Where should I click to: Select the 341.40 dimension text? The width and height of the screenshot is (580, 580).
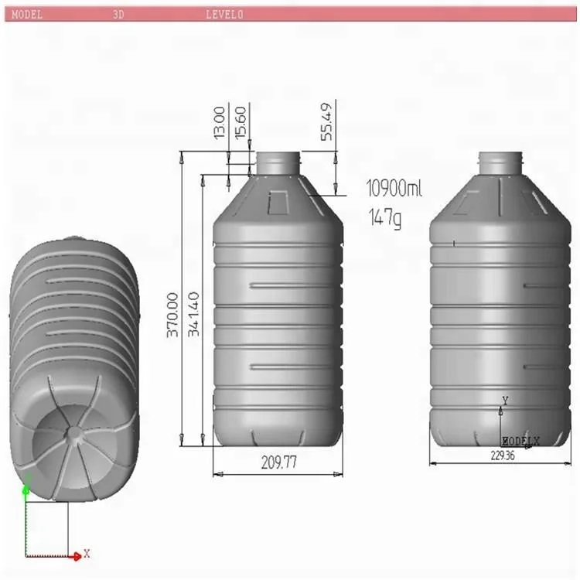click(x=194, y=314)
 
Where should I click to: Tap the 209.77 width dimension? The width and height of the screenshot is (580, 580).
click(x=278, y=462)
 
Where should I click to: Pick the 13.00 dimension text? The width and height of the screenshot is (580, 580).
click(x=220, y=123)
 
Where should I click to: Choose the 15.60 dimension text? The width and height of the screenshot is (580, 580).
click(x=241, y=123)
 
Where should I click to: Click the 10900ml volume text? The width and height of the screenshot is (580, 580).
click(x=394, y=188)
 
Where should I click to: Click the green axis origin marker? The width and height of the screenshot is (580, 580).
click(x=26, y=489)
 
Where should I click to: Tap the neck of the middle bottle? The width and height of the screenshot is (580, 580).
click(x=278, y=162)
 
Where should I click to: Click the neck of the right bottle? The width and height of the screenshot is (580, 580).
click(x=500, y=162)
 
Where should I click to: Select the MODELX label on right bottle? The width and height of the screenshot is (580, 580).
click(x=520, y=440)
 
